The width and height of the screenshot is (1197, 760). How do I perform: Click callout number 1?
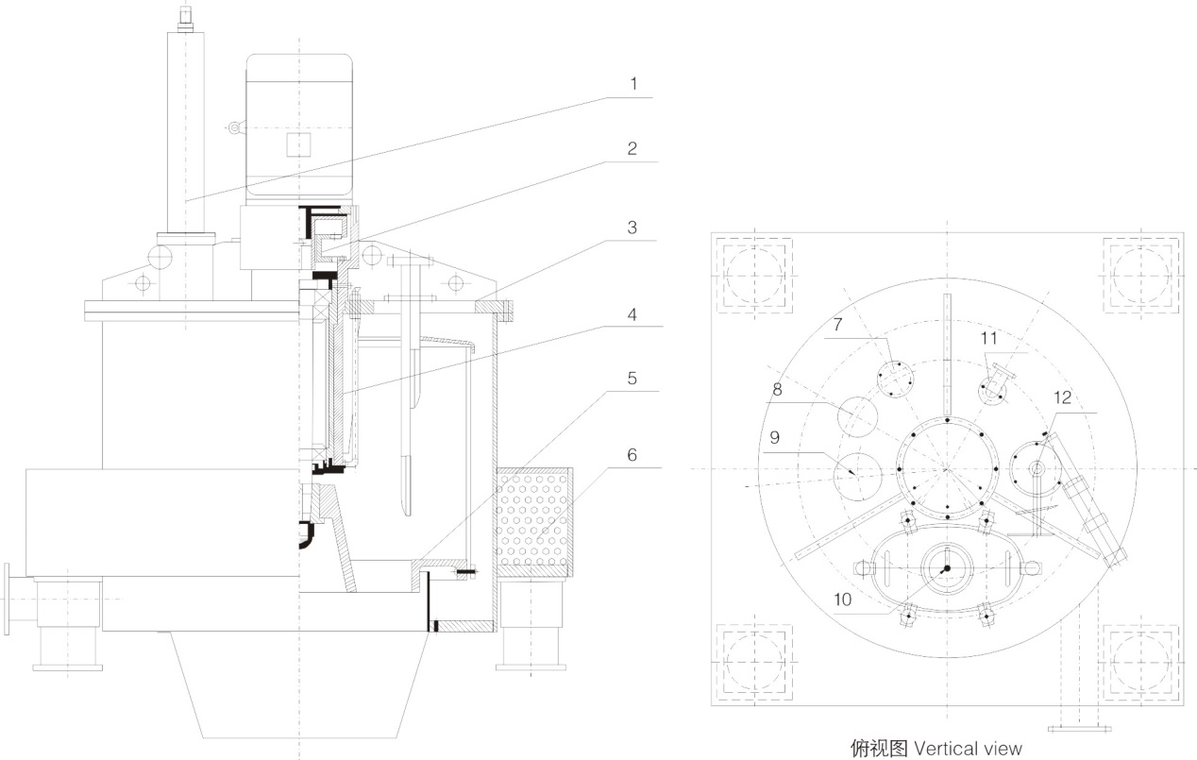[633, 84]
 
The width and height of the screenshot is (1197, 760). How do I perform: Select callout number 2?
[632, 148]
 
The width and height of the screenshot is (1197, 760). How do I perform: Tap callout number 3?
[632, 228]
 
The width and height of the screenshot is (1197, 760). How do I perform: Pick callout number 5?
[632, 379]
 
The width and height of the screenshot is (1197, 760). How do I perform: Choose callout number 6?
[632, 455]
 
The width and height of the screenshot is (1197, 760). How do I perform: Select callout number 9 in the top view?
[774, 437]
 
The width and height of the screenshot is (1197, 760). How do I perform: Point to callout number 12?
[1063, 398]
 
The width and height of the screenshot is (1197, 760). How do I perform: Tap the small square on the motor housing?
[298, 144]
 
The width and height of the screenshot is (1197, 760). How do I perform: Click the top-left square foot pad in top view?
[755, 275]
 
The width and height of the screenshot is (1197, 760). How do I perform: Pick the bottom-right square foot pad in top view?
[1142, 659]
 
